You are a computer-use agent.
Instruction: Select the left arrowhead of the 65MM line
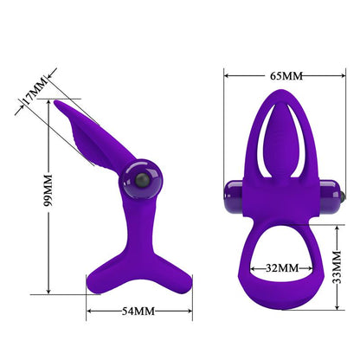pyautogui.click(x=227, y=75)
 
